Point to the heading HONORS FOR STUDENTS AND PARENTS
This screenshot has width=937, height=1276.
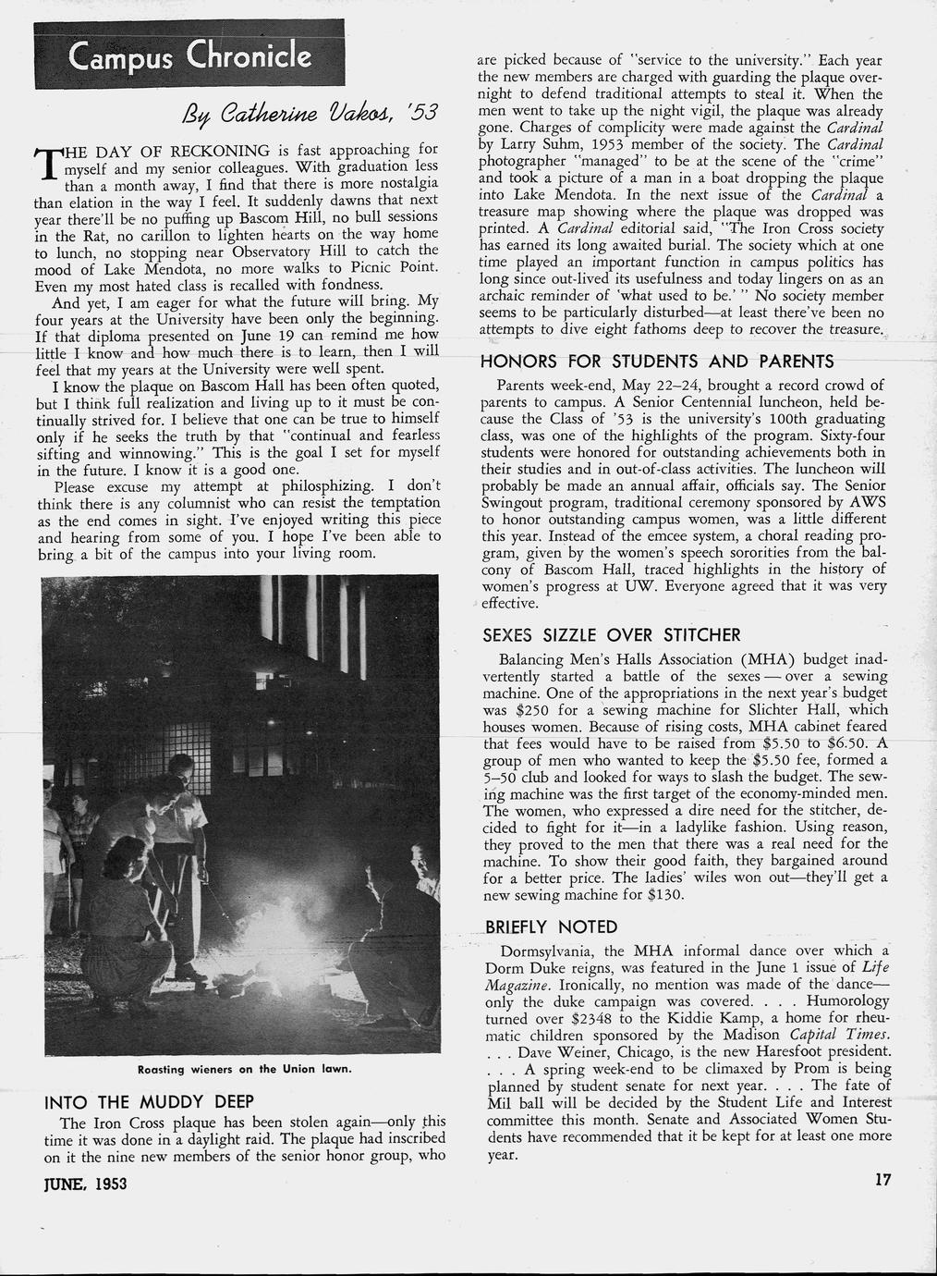pyautogui.click(x=657, y=361)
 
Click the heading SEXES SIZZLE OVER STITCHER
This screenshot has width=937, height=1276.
pyautogui.click(x=611, y=635)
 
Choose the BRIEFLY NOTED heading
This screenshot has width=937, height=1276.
pyautogui.click(x=551, y=926)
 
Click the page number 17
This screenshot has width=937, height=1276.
pyautogui.click(x=882, y=1180)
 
